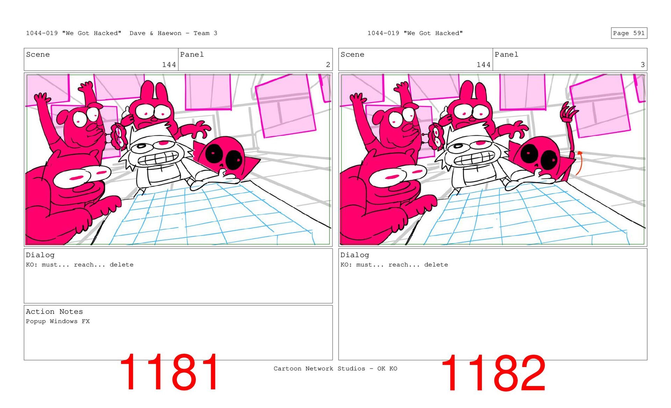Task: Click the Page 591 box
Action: [x=629, y=33]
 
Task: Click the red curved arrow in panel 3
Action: [x=578, y=163]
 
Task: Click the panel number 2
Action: [x=328, y=65]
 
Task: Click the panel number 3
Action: [x=642, y=65]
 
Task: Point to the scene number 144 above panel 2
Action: [x=169, y=65]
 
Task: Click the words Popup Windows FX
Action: [x=58, y=321]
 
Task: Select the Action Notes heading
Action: [x=54, y=311]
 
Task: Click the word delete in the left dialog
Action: [x=121, y=265]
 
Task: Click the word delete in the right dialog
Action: [x=436, y=265]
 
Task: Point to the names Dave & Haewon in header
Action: [x=156, y=33]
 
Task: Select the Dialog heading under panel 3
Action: [x=355, y=255]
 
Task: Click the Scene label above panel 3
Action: [x=352, y=54]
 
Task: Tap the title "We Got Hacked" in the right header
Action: [x=433, y=33]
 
